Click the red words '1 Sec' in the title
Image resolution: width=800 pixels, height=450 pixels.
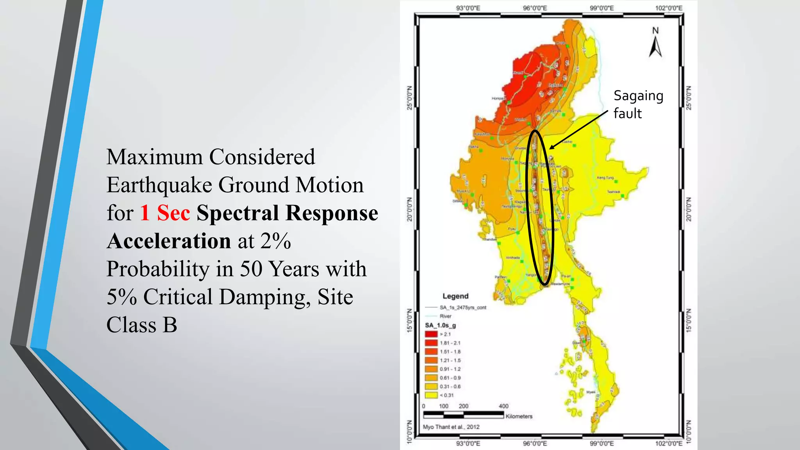[x=165, y=213]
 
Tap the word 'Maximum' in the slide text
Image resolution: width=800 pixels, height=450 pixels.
[x=155, y=157]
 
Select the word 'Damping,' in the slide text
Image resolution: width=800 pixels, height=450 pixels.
[x=266, y=297]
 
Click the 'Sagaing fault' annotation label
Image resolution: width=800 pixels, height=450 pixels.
[x=638, y=104]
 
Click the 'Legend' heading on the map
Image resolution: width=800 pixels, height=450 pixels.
[x=455, y=296]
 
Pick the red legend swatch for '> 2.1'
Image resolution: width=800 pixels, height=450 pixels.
[x=431, y=334]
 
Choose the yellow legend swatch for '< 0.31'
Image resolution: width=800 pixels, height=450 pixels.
[x=431, y=395]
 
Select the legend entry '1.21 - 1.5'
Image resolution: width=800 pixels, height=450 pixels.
[x=450, y=360]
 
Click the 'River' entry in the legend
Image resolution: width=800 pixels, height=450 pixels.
[x=445, y=316]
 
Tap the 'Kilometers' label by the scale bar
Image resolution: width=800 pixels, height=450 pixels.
[x=519, y=416]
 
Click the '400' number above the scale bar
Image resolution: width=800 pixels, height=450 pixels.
[x=504, y=406]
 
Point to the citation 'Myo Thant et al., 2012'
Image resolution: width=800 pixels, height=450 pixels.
[x=451, y=427]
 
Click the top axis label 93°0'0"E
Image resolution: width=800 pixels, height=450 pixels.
[x=468, y=8]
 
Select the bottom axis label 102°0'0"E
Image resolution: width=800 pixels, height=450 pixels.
[x=669, y=443]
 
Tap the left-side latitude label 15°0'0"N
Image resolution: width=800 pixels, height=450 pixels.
[x=409, y=320]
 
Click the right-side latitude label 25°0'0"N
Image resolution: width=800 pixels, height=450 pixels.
[x=689, y=98]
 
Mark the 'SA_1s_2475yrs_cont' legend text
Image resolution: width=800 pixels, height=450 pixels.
[x=463, y=307]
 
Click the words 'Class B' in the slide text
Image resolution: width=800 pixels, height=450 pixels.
[x=142, y=325]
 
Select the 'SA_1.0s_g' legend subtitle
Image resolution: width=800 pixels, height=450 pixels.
[x=440, y=325]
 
